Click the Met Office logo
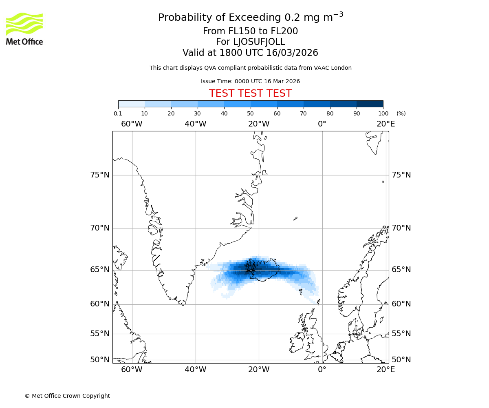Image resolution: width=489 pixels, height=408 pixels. [24, 29]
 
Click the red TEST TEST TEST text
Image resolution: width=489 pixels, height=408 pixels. [250, 93]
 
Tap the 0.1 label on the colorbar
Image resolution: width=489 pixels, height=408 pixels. [118, 113]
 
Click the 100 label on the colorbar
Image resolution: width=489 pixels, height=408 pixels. [383, 113]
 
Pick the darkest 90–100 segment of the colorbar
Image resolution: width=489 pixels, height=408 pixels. [370, 104]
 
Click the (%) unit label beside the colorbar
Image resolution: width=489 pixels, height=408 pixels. [401, 113]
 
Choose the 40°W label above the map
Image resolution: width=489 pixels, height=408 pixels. [195, 124]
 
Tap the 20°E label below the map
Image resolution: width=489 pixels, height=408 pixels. [385, 370]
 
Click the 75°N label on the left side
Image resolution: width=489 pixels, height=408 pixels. [99, 175]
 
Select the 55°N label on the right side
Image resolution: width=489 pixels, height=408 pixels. [401, 334]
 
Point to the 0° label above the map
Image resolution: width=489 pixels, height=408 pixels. [322, 124]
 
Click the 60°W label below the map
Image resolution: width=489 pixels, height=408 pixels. [132, 370]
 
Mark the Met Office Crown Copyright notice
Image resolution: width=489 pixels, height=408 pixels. [67, 396]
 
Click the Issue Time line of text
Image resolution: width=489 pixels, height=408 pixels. [250, 81]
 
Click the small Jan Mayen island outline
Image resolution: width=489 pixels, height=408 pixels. [295, 219]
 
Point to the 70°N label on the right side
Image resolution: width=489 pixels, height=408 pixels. [401, 228]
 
